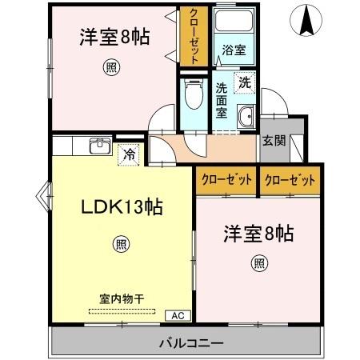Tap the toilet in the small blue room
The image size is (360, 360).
coord(191,98)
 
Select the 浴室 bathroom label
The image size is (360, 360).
coord(234,49)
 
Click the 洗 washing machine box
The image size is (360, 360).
coord(243,81)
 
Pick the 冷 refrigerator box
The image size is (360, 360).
coord(127,155)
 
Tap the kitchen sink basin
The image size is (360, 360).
coord(99,146)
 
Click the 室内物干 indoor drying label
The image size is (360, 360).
coord(122,298)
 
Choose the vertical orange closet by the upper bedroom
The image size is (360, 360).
coord(192,37)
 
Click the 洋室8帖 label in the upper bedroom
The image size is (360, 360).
coord(115,36)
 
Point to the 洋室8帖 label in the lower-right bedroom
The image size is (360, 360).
coord(258,234)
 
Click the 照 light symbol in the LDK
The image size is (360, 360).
coord(119,244)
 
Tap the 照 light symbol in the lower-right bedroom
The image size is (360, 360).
coord(259,262)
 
